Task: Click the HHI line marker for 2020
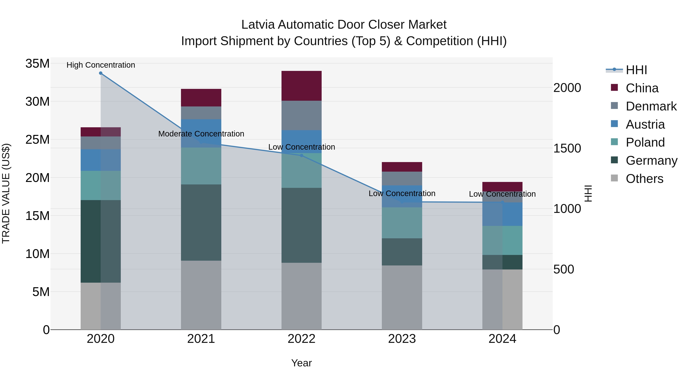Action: (101, 73)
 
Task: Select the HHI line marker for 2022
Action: (302, 155)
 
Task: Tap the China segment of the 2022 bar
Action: (302, 86)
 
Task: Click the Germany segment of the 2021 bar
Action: (201, 222)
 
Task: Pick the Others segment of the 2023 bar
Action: (402, 297)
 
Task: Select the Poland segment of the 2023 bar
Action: (402, 223)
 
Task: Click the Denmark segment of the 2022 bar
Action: (302, 115)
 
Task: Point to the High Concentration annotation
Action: (101, 65)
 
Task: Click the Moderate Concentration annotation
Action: (201, 134)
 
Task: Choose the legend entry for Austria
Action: (645, 124)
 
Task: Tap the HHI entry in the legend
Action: (636, 70)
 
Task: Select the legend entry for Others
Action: (644, 179)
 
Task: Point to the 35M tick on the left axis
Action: (37, 64)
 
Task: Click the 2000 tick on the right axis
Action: (567, 88)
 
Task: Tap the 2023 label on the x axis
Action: (402, 339)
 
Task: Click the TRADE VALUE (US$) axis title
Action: (6, 193)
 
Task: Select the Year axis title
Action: (302, 363)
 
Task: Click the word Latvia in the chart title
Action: (258, 25)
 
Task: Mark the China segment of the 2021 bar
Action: (201, 97)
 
